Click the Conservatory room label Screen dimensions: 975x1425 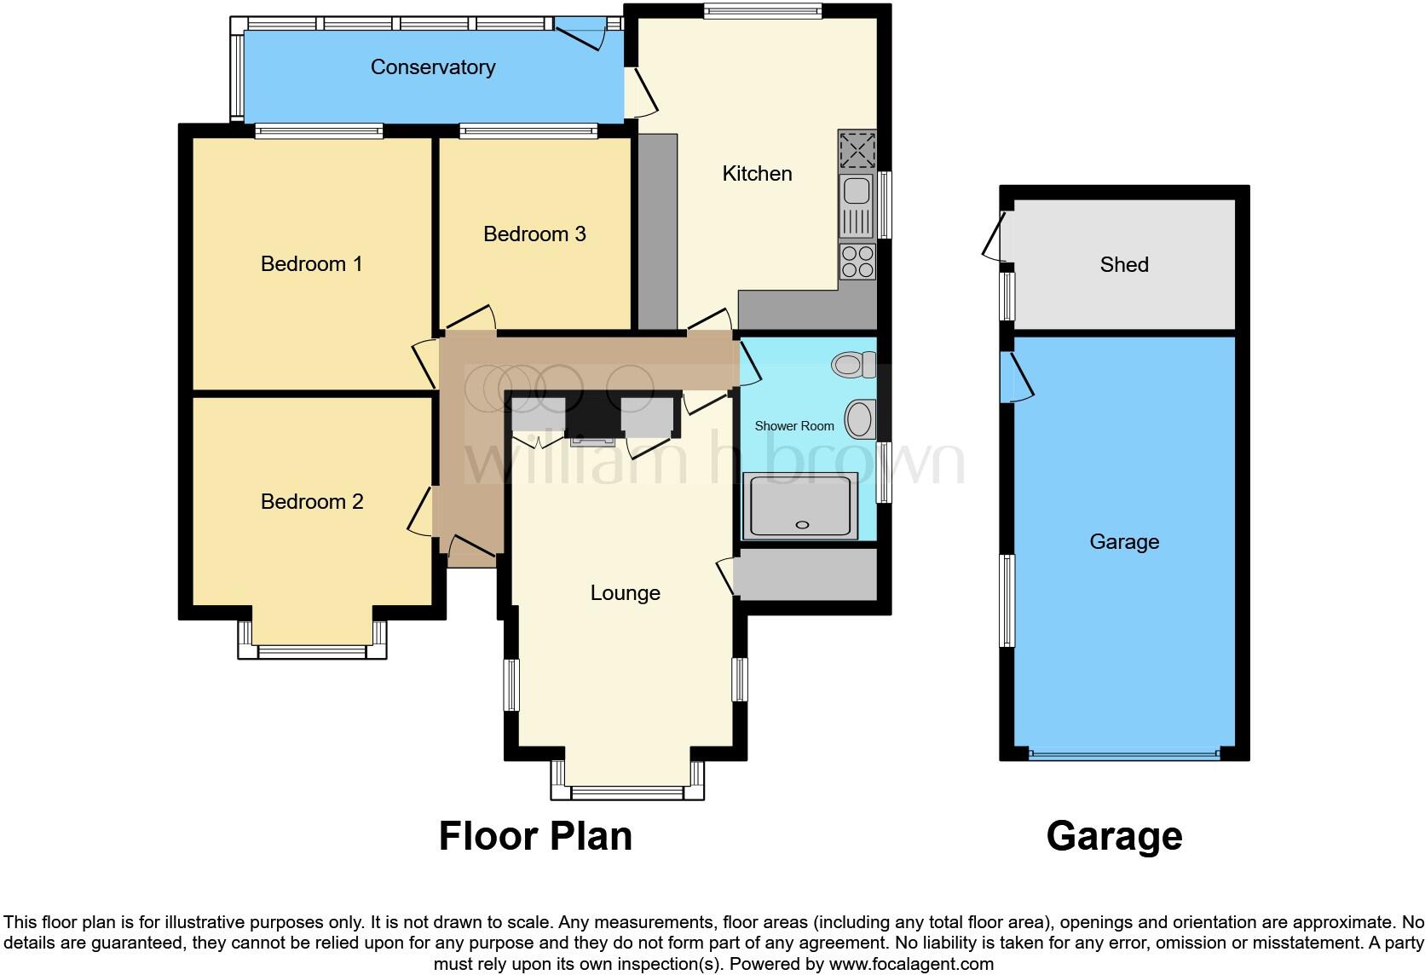(x=432, y=67)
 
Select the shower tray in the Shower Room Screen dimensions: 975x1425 (x=800, y=506)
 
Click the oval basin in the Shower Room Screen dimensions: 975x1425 (x=858, y=419)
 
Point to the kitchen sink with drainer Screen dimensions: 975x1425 (x=857, y=207)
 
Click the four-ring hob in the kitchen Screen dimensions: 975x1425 (x=857, y=261)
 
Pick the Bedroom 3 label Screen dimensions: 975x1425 (x=534, y=234)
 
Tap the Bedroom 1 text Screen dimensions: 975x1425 (x=311, y=264)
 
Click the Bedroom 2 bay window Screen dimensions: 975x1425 (x=312, y=651)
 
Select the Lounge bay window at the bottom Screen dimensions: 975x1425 (x=627, y=792)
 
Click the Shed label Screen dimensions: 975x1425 (x=1123, y=265)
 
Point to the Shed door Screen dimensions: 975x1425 (x=992, y=235)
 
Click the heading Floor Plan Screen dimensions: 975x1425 (x=535, y=836)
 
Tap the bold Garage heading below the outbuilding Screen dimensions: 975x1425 (x=1114, y=836)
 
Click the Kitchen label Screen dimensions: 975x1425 (x=757, y=174)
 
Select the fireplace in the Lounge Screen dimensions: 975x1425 (x=592, y=420)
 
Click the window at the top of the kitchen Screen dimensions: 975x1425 (x=762, y=11)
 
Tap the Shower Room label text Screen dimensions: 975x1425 (x=793, y=426)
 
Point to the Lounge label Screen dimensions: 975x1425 (x=625, y=593)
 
